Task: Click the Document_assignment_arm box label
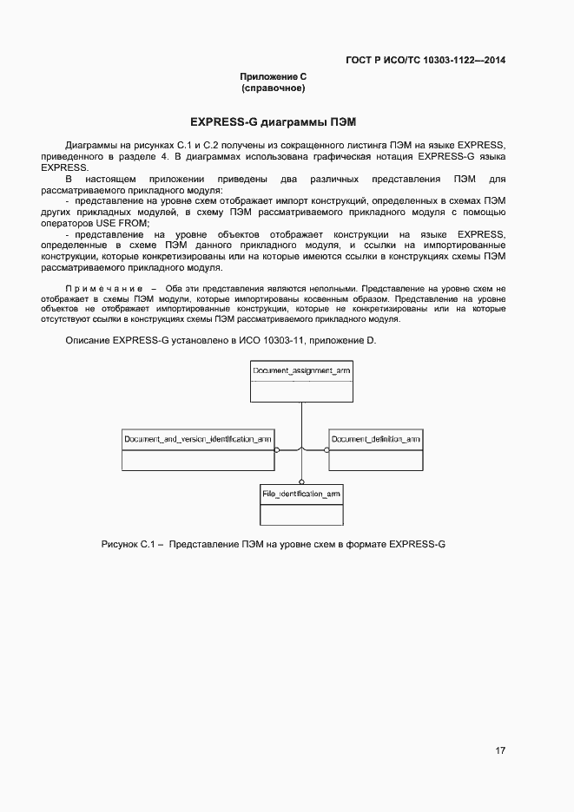pyautogui.click(x=301, y=371)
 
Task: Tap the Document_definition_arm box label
pyautogui.click(x=376, y=440)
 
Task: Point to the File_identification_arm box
pyautogui.click(x=301, y=504)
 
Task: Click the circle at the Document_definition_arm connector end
pyautogui.click(x=327, y=450)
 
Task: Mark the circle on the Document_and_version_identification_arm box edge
pyautogui.click(x=277, y=450)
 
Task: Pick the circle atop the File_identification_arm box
pyautogui.click(x=301, y=481)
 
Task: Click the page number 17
pyautogui.click(x=501, y=750)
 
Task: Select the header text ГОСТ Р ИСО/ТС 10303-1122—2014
pyautogui.click(x=426, y=60)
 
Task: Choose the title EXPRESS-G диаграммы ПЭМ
pyautogui.click(x=274, y=121)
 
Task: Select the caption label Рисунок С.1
pyautogui.click(x=127, y=545)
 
